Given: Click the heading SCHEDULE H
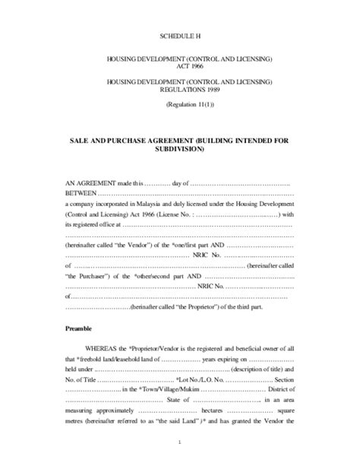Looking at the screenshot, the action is (179, 36).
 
